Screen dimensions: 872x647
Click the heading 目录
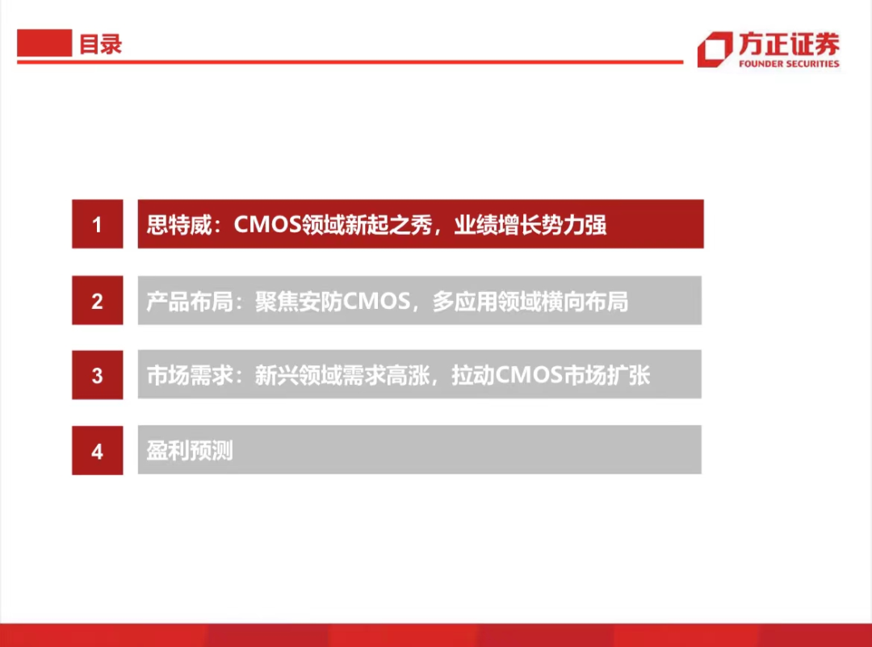click(x=101, y=44)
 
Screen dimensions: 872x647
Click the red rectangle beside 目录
click(x=44, y=43)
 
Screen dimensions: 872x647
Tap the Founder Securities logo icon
click(x=715, y=49)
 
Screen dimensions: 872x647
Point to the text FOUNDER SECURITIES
click(x=789, y=64)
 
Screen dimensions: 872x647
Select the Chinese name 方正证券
click(x=789, y=44)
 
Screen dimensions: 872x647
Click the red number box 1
click(x=98, y=224)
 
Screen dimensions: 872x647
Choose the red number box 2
click(x=98, y=300)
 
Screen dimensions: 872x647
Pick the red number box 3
click(x=98, y=374)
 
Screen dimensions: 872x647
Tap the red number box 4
click(x=98, y=450)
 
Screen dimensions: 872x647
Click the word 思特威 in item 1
click(x=179, y=225)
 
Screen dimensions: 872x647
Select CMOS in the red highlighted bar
click(x=267, y=224)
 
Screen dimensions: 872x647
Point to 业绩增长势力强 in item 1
click(x=530, y=225)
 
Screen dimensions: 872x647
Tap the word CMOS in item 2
click(x=376, y=301)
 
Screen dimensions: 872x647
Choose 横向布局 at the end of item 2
click(x=585, y=301)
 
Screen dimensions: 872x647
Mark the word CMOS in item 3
click(x=528, y=375)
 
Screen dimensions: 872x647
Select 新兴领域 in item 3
click(x=298, y=376)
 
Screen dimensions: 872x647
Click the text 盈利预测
click(x=191, y=451)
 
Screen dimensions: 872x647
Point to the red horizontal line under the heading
click(x=350, y=61)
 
